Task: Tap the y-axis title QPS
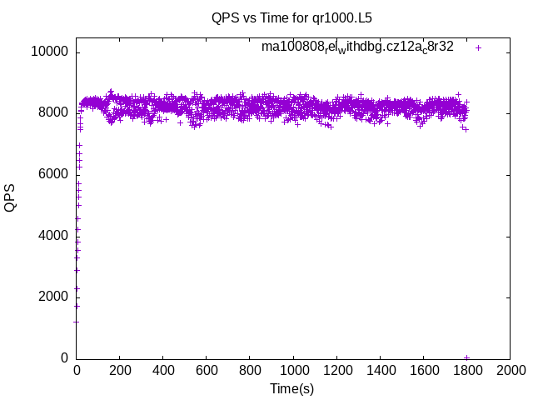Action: [x=11, y=197]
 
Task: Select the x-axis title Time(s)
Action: [x=291, y=388]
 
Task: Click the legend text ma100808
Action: [x=357, y=47]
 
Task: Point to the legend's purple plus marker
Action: [x=478, y=47]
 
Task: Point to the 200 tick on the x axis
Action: [x=120, y=369]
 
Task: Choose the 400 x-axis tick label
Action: [x=163, y=369]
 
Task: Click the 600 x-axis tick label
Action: [x=207, y=369]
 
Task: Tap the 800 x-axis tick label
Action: [x=250, y=369]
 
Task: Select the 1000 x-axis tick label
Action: [x=293, y=369]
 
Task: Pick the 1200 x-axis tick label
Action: [x=336, y=369]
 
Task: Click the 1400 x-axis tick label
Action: [x=380, y=369]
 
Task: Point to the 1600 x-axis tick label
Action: [x=423, y=369]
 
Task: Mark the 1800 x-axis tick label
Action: [x=466, y=369]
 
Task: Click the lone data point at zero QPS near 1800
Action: [x=466, y=357]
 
